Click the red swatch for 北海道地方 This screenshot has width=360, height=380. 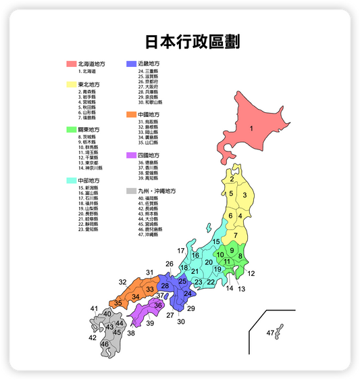(71, 64)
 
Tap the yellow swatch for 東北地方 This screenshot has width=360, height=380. (71, 85)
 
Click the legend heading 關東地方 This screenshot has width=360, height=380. (88, 130)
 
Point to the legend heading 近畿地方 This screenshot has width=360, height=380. (149, 64)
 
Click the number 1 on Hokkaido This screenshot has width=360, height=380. (251, 128)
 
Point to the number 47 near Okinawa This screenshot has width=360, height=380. (271, 333)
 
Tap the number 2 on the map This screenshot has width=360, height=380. (231, 180)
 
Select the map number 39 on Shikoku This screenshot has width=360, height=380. (150, 324)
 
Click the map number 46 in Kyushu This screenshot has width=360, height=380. (105, 344)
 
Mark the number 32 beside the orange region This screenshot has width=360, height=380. (122, 282)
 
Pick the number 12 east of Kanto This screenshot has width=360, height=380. (251, 273)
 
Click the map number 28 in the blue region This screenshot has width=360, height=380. (165, 286)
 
